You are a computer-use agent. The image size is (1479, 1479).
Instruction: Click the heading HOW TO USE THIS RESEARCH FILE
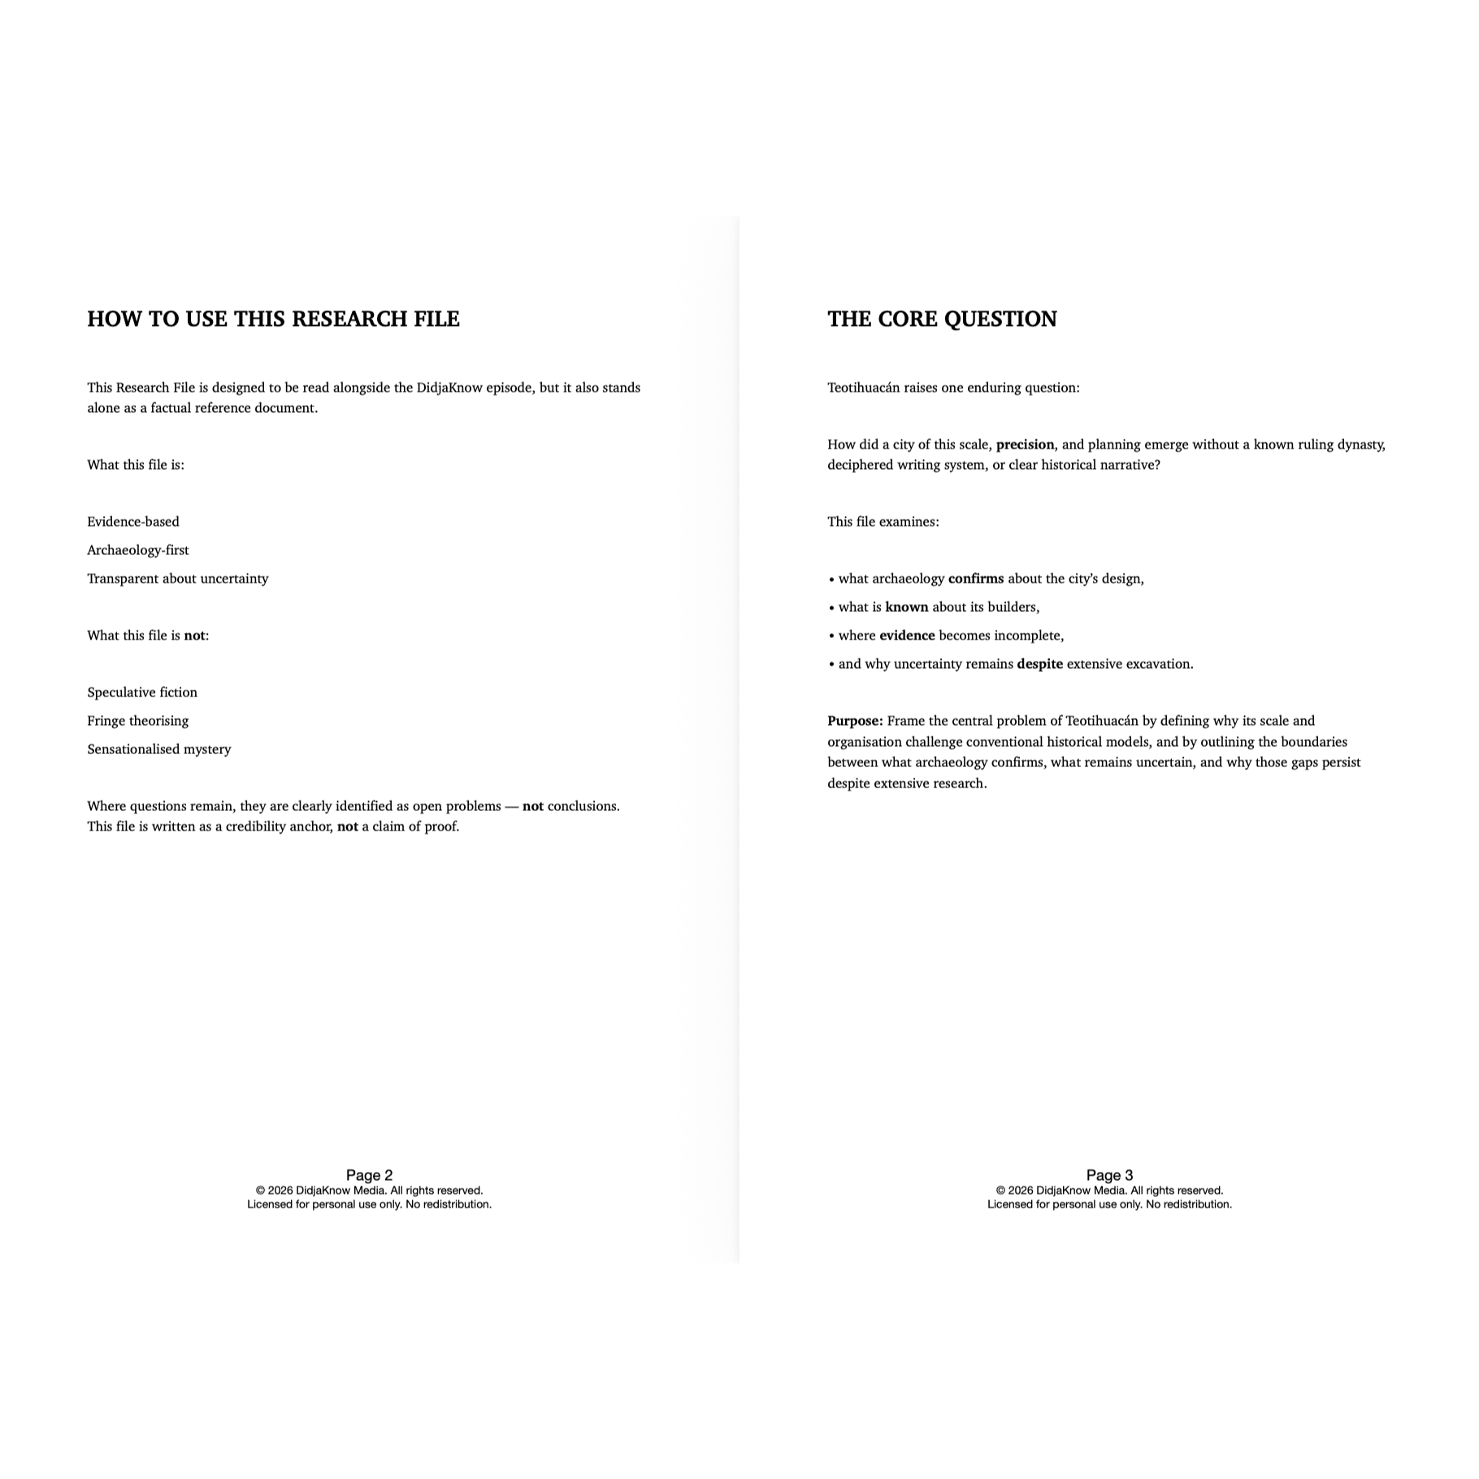(x=273, y=319)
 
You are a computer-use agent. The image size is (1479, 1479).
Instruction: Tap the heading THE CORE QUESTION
(x=942, y=319)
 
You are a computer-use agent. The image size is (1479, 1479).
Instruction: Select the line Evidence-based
(x=133, y=522)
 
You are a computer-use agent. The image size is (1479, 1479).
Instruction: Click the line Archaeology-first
(x=138, y=550)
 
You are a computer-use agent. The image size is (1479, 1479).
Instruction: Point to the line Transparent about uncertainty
(x=178, y=579)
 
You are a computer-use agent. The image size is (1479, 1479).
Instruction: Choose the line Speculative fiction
(x=142, y=692)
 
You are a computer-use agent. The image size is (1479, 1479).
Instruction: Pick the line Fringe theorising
(x=138, y=721)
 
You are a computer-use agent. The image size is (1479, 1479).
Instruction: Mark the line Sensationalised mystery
(x=159, y=749)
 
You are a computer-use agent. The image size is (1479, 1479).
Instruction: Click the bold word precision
(x=1025, y=445)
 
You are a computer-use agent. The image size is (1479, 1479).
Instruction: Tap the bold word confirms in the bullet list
(x=975, y=579)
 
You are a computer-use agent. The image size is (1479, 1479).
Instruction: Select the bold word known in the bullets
(x=906, y=607)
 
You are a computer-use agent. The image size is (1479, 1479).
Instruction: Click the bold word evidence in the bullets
(x=907, y=635)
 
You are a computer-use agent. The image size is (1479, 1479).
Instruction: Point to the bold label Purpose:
(x=855, y=721)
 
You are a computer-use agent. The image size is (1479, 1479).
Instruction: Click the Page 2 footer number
(x=369, y=1175)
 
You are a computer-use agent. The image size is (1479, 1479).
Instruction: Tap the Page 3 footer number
(x=1109, y=1175)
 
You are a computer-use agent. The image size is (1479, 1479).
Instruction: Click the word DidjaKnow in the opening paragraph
(x=449, y=388)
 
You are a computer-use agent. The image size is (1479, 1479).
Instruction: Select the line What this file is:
(x=136, y=465)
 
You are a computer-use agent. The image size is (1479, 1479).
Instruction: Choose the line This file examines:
(x=883, y=522)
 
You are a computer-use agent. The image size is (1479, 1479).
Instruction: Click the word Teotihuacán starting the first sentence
(x=864, y=388)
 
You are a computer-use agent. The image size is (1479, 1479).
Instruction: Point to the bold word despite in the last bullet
(x=1039, y=664)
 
